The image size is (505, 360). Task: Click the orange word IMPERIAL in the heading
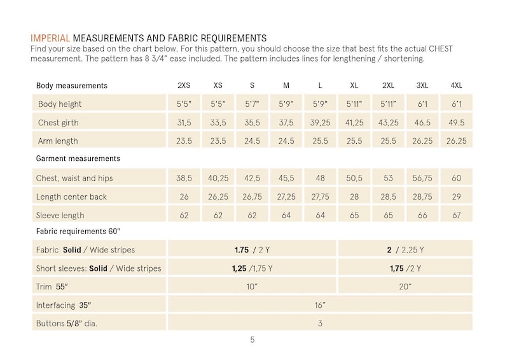pos(50,38)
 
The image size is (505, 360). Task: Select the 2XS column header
pos(184,85)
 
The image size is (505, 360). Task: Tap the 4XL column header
pos(457,85)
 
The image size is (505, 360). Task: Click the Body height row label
pos(60,104)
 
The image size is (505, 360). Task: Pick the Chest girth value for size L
pos(320,123)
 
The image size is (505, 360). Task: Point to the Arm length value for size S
pos(252,141)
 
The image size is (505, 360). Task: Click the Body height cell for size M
pos(286,104)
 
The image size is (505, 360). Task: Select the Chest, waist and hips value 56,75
pos(422,178)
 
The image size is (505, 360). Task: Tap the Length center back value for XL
pos(354,197)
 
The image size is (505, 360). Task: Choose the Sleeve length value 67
pos(457,215)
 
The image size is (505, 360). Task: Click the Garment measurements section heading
pos(78,158)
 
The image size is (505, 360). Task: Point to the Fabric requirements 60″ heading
pos(78,231)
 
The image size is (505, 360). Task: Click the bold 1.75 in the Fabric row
pos(242,250)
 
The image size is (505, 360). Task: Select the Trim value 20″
pos(405,287)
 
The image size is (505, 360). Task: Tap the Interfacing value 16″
pos(320,305)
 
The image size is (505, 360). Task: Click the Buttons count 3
pos(320,323)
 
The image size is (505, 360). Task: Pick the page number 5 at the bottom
pos(253,340)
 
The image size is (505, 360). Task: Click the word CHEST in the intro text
pos(441,48)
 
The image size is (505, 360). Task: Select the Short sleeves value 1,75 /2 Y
pos(405,268)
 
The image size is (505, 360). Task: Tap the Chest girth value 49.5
pos(457,123)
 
